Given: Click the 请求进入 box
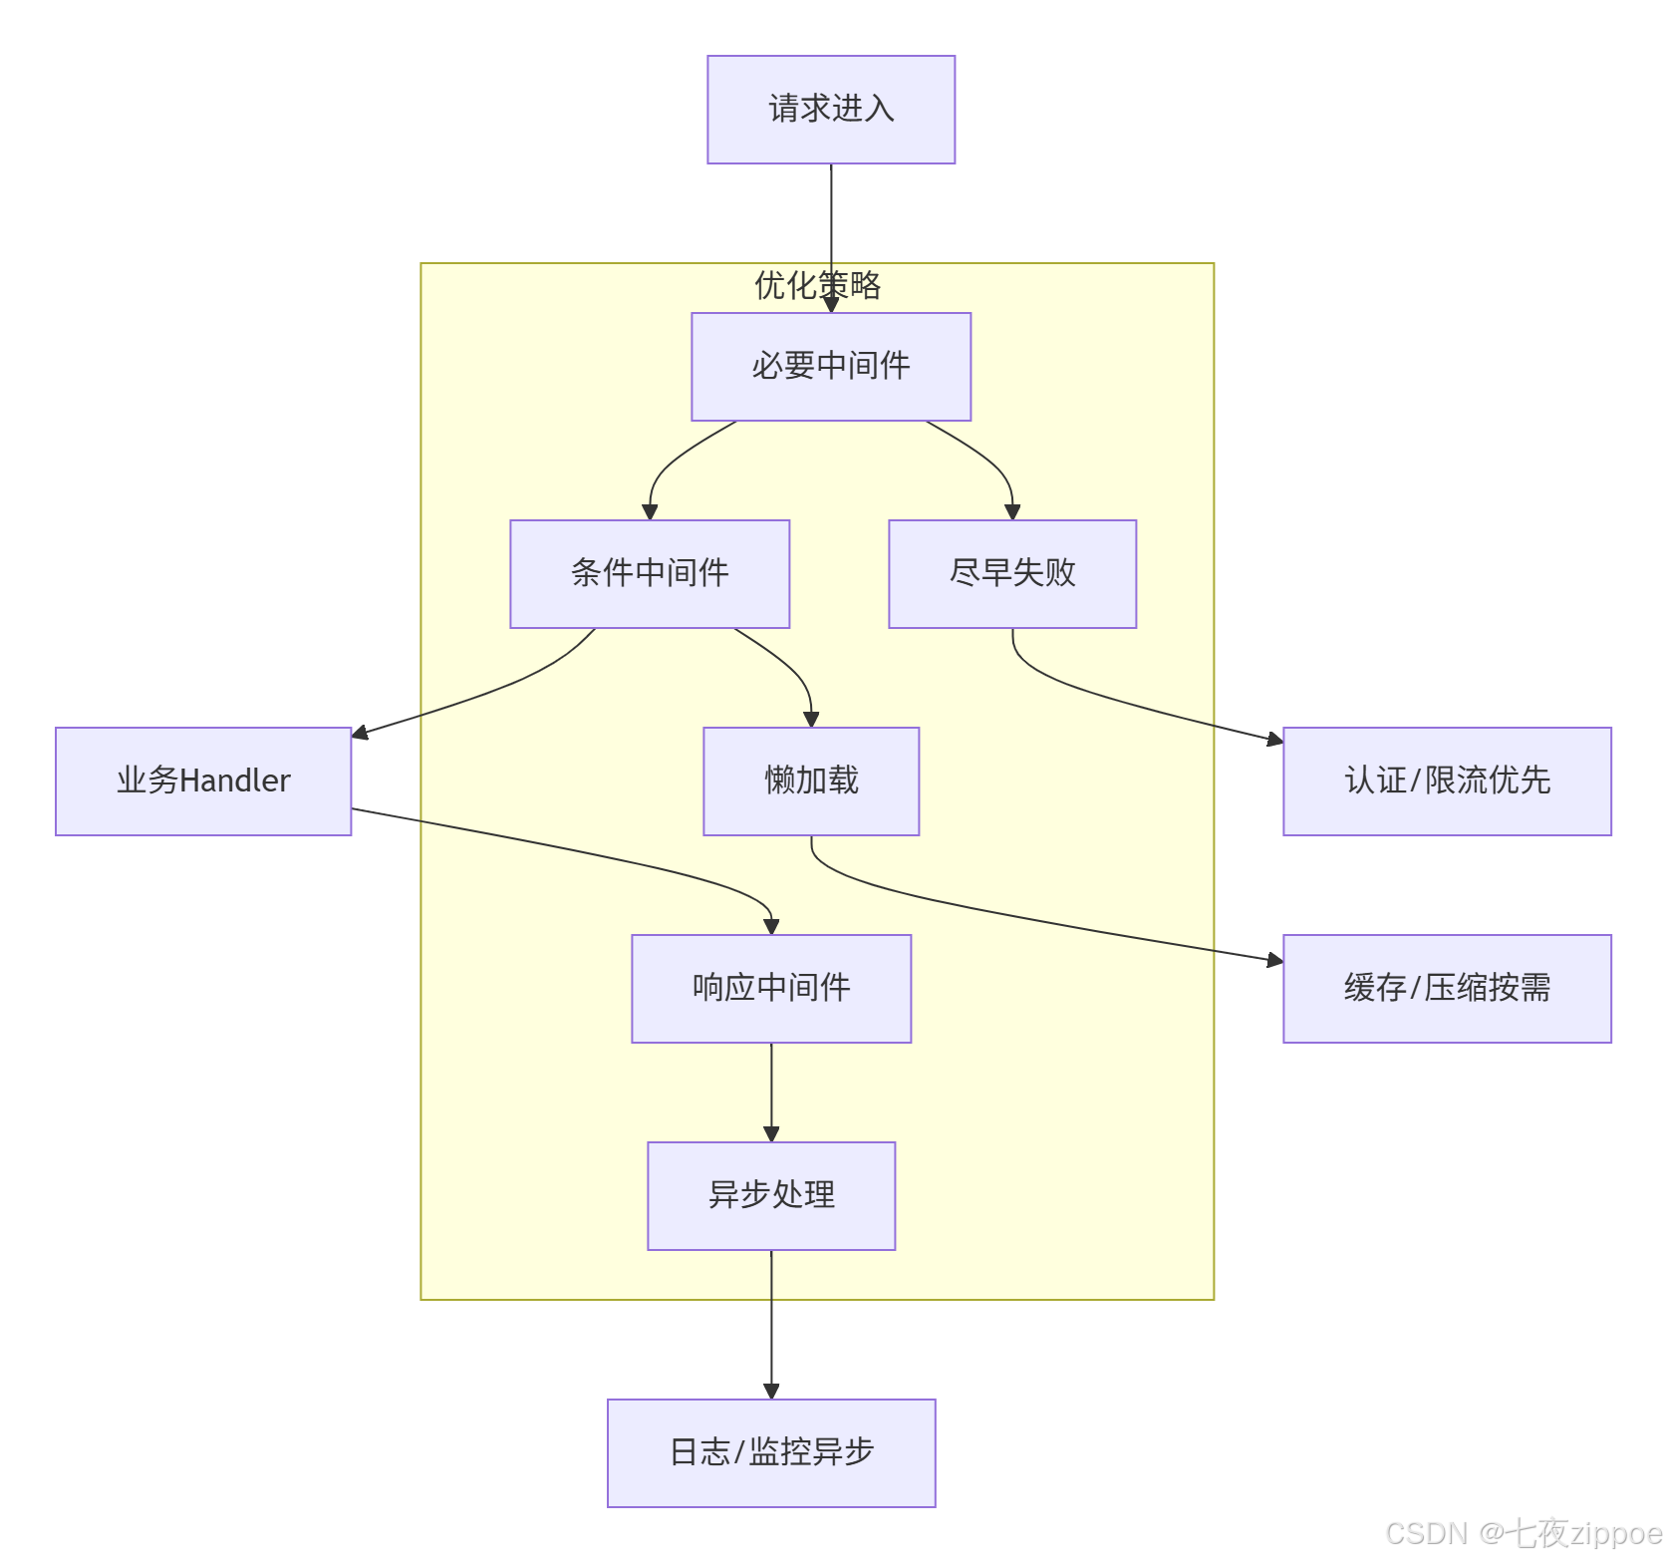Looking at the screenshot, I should tap(831, 110).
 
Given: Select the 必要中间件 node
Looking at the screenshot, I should tap(831, 366).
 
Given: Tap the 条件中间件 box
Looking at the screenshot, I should tap(650, 573).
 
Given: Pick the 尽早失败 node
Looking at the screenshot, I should tap(1012, 573).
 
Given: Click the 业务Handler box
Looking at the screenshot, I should tap(203, 781).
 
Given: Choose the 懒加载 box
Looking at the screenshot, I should tap(811, 781).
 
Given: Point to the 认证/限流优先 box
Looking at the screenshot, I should tap(1447, 781).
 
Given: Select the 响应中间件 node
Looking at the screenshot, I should tap(771, 988).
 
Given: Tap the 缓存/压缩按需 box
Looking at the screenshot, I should tap(1447, 988).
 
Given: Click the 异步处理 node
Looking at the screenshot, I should tap(771, 1195).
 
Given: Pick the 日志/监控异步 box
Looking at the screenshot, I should tap(771, 1452).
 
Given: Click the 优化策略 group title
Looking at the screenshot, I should tap(817, 285).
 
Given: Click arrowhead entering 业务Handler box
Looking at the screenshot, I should tap(360, 734).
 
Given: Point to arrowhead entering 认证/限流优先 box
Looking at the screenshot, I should tap(1274, 740).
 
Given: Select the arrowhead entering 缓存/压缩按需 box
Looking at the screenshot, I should tap(1274, 960).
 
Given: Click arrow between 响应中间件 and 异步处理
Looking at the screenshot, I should tap(771, 1092).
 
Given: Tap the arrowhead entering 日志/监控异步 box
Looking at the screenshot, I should tap(771, 1392).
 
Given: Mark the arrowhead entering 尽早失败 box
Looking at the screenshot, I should tap(1012, 512).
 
